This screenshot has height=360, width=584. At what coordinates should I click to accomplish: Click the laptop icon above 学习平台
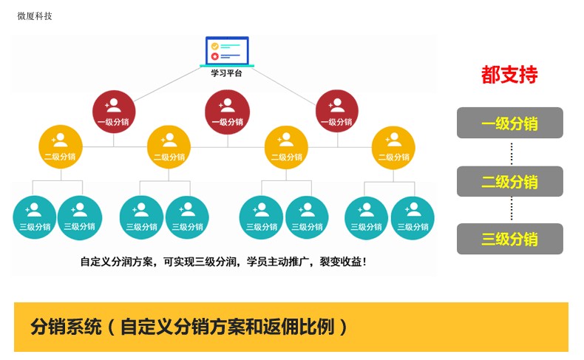point(227,51)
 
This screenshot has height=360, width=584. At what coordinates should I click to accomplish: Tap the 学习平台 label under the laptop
point(226,73)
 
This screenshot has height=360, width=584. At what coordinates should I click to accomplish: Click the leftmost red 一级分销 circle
point(114,112)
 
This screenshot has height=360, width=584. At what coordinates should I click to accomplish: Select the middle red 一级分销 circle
point(227,112)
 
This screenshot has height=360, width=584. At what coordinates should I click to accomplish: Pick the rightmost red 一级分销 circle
point(336,112)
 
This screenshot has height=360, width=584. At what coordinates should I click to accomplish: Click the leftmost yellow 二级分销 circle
point(61,146)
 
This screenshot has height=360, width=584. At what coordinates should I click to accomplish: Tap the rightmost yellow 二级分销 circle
point(393,147)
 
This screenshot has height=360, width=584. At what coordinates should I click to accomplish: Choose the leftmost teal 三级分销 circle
point(35,217)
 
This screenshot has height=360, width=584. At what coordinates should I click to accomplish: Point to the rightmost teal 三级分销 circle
point(412,218)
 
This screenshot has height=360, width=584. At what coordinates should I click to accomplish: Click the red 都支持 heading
point(509,75)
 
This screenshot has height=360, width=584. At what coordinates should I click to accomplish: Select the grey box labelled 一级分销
point(510,123)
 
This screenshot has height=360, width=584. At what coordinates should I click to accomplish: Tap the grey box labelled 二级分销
point(510,181)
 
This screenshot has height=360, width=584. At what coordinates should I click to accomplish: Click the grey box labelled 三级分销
point(510,239)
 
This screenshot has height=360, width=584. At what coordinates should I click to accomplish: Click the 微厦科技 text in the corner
point(35,16)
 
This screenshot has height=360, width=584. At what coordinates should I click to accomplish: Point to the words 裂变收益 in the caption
point(340,262)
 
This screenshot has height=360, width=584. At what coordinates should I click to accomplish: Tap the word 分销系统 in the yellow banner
point(66,327)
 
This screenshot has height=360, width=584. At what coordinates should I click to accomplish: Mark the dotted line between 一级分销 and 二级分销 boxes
point(512,152)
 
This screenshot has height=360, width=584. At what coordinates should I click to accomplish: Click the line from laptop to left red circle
point(168,84)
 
